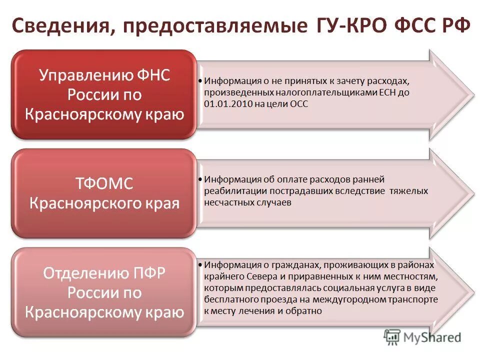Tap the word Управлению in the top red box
pos(82,75)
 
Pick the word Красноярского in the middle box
pos(84,203)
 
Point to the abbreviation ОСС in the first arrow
pos(298,104)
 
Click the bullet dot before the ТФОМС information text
pos(200,179)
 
